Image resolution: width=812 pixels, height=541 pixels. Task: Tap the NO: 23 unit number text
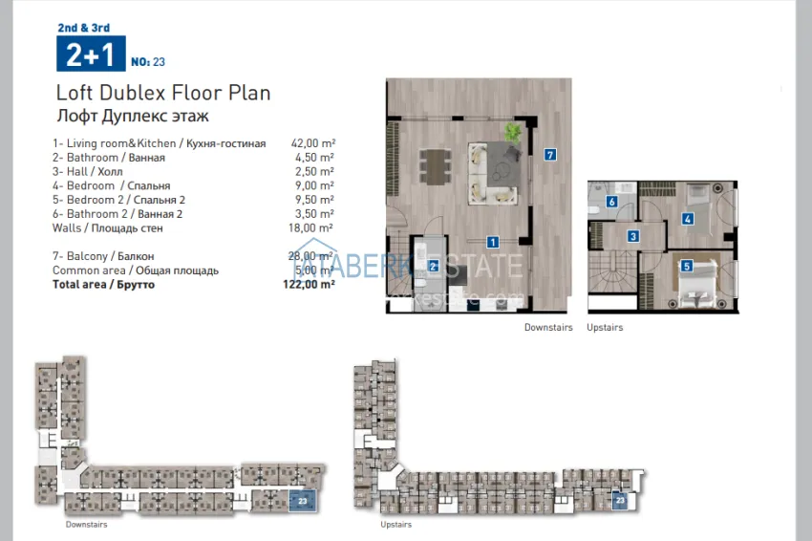tap(147, 62)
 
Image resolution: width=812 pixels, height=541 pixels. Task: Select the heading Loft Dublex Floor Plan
tap(163, 93)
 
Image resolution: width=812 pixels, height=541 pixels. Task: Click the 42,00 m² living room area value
tap(312, 143)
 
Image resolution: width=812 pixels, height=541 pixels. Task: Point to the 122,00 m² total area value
tap(309, 285)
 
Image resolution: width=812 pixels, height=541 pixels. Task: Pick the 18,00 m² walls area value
tap(312, 228)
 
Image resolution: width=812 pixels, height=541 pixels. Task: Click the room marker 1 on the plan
tap(492, 242)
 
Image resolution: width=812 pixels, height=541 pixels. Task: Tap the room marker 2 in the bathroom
tap(433, 266)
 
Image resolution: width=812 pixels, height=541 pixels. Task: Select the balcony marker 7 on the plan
tap(549, 154)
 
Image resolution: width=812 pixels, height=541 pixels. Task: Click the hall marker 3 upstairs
tap(632, 236)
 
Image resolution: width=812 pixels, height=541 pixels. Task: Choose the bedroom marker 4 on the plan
tap(687, 218)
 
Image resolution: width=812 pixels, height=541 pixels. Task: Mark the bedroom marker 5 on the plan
tap(686, 266)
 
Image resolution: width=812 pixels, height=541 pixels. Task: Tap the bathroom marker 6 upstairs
tap(611, 202)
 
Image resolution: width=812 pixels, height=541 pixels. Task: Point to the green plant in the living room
tap(514, 131)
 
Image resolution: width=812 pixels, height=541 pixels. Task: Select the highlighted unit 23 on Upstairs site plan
tap(620, 499)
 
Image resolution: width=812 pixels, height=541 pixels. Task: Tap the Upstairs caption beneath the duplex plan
tap(605, 327)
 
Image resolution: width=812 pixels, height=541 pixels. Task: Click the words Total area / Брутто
tap(104, 285)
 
